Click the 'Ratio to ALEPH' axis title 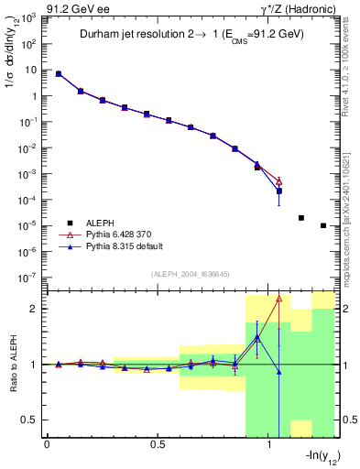[x=12, y=364]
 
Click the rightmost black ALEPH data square [x=323, y=225]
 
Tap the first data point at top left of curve [x=59, y=73]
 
